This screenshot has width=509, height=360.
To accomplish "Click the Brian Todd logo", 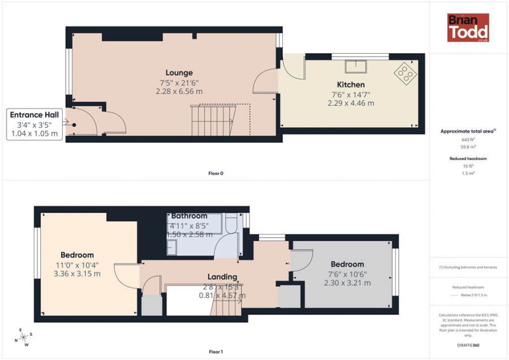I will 468,28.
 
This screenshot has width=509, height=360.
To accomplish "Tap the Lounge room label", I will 179,72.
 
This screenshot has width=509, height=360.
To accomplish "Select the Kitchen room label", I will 351,85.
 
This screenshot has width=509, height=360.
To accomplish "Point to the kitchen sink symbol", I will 357,66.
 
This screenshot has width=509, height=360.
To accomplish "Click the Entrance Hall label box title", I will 34,115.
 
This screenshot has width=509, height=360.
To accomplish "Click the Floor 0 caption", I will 215,173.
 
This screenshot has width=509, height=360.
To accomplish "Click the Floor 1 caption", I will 215,352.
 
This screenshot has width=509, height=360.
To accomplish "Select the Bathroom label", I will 189,216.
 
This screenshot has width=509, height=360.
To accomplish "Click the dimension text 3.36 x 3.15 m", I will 77,274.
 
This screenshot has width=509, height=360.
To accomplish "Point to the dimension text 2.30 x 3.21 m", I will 347,283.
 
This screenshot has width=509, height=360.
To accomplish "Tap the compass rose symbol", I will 23,337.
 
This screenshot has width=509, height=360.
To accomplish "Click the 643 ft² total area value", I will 468,139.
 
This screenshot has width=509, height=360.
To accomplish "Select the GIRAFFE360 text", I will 468,344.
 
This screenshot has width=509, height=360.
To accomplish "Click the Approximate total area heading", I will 467,131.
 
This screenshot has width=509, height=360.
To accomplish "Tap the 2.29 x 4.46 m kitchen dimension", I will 351,104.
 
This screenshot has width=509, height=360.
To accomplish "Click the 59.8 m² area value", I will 468,147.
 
